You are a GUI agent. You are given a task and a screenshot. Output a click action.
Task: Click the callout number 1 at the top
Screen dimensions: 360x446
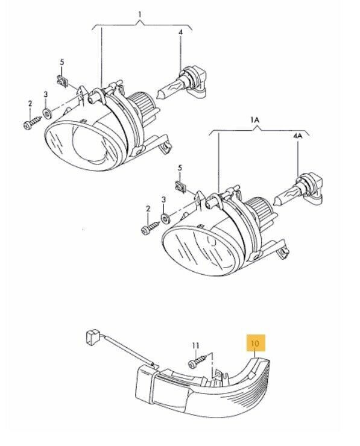pos(139,14)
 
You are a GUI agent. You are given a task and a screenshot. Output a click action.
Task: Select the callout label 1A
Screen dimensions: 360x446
pos(254,120)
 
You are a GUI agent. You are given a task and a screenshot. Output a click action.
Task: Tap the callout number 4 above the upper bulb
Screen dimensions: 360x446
pos(180,32)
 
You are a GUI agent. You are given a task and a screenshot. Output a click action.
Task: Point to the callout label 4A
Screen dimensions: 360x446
pos(297,136)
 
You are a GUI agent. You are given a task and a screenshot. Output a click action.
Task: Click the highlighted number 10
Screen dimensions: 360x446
pos(255,343)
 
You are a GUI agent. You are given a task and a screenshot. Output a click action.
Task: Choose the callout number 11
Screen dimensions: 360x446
pos(195,346)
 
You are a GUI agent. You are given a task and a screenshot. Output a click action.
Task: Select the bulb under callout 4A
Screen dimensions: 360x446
pos(298,190)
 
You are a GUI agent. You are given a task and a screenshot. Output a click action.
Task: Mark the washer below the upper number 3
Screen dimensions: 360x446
pos(46,113)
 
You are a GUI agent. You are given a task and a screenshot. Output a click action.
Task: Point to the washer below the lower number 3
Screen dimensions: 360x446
pos(165,218)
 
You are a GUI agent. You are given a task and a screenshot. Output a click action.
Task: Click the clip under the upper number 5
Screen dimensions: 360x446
pos(62,81)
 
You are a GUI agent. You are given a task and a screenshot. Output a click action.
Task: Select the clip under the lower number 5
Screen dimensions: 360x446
pos(180,187)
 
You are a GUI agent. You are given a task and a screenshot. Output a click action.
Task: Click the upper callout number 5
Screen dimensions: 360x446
pos(62,62)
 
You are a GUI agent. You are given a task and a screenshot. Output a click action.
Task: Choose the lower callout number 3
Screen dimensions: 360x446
pos(163,199)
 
